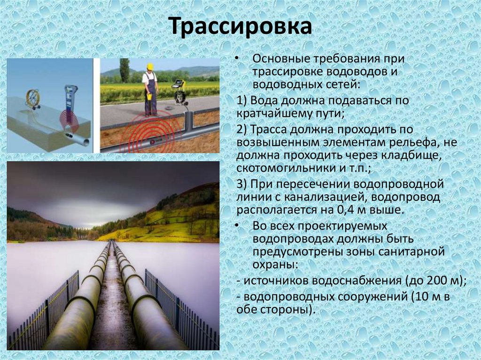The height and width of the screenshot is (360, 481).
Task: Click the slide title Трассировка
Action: coord(240,27)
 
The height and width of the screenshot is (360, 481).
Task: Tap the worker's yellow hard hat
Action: coord(150,67)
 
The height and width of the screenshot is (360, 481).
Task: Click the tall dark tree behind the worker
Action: coord(124,70)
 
